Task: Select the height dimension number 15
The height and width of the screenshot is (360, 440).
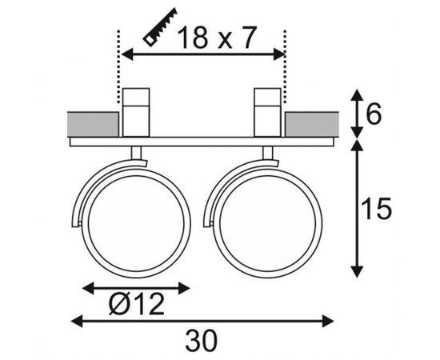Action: pos(376,210)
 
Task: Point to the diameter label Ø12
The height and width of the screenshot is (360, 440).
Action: pos(135,304)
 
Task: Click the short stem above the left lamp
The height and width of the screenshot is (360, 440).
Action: pos(138,153)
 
